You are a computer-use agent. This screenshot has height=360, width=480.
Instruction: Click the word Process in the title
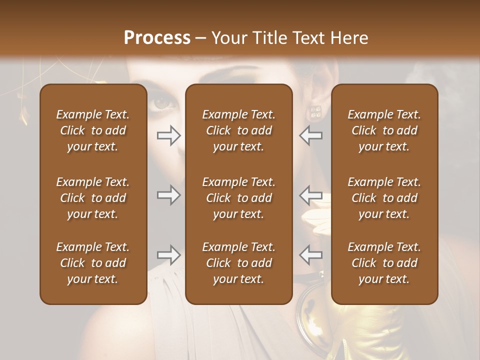click(x=157, y=38)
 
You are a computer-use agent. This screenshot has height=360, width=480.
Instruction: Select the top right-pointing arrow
click(x=168, y=135)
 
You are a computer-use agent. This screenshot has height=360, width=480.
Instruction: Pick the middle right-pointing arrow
click(x=168, y=194)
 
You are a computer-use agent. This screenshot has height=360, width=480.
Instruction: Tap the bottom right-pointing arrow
click(x=168, y=255)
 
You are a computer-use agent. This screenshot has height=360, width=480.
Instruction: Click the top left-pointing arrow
click(x=311, y=135)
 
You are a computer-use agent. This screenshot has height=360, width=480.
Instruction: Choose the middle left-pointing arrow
click(x=311, y=194)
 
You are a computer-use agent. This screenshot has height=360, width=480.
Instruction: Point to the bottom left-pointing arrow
click(x=311, y=255)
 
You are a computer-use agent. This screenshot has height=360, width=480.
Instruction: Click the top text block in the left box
click(x=92, y=130)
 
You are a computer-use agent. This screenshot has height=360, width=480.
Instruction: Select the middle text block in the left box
click(x=92, y=198)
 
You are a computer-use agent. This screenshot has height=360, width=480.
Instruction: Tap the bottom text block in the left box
click(x=92, y=263)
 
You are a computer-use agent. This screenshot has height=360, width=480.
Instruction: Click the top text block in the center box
click(x=238, y=130)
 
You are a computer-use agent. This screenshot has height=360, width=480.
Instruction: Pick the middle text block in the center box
click(x=238, y=198)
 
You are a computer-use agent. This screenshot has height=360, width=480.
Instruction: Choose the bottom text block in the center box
click(x=238, y=263)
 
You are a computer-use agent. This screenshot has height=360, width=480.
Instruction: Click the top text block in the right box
click(x=384, y=130)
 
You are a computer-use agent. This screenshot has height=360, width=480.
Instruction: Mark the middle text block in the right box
click(x=384, y=198)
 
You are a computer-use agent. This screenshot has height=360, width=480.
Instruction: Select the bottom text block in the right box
click(x=384, y=263)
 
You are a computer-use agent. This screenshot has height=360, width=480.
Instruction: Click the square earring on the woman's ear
click(x=316, y=112)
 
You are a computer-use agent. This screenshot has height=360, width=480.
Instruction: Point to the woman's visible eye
click(x=162, y=102)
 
